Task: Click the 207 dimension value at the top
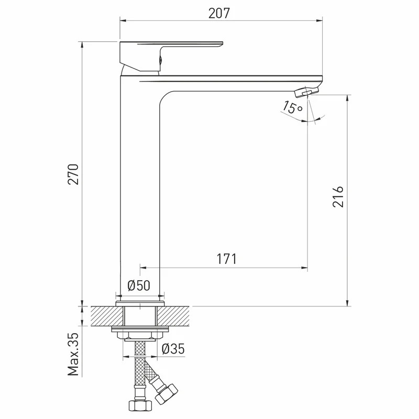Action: (219, 14)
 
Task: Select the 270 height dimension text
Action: (73, 174)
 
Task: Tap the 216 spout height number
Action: (338, 197)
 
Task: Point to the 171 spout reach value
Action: (226, 259)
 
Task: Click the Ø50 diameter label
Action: (139, 285)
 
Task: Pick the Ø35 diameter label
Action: (173, 349)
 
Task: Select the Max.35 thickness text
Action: (73, 354)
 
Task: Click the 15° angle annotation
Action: (293, 107)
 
